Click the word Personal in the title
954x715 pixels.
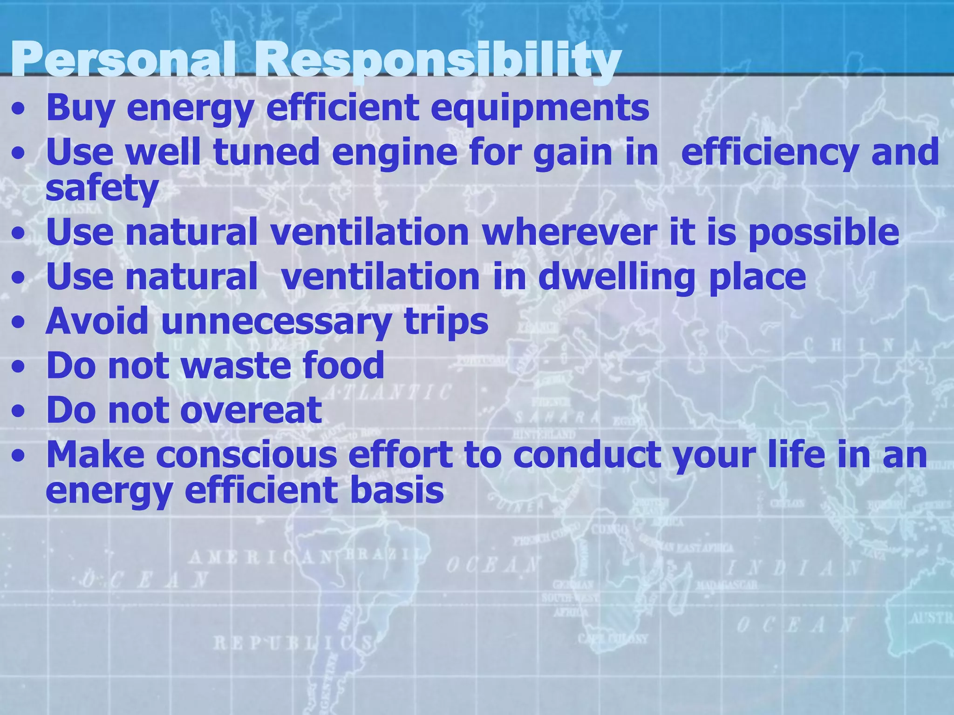[x=123, y=61]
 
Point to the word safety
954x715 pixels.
[x=102, y=189]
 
